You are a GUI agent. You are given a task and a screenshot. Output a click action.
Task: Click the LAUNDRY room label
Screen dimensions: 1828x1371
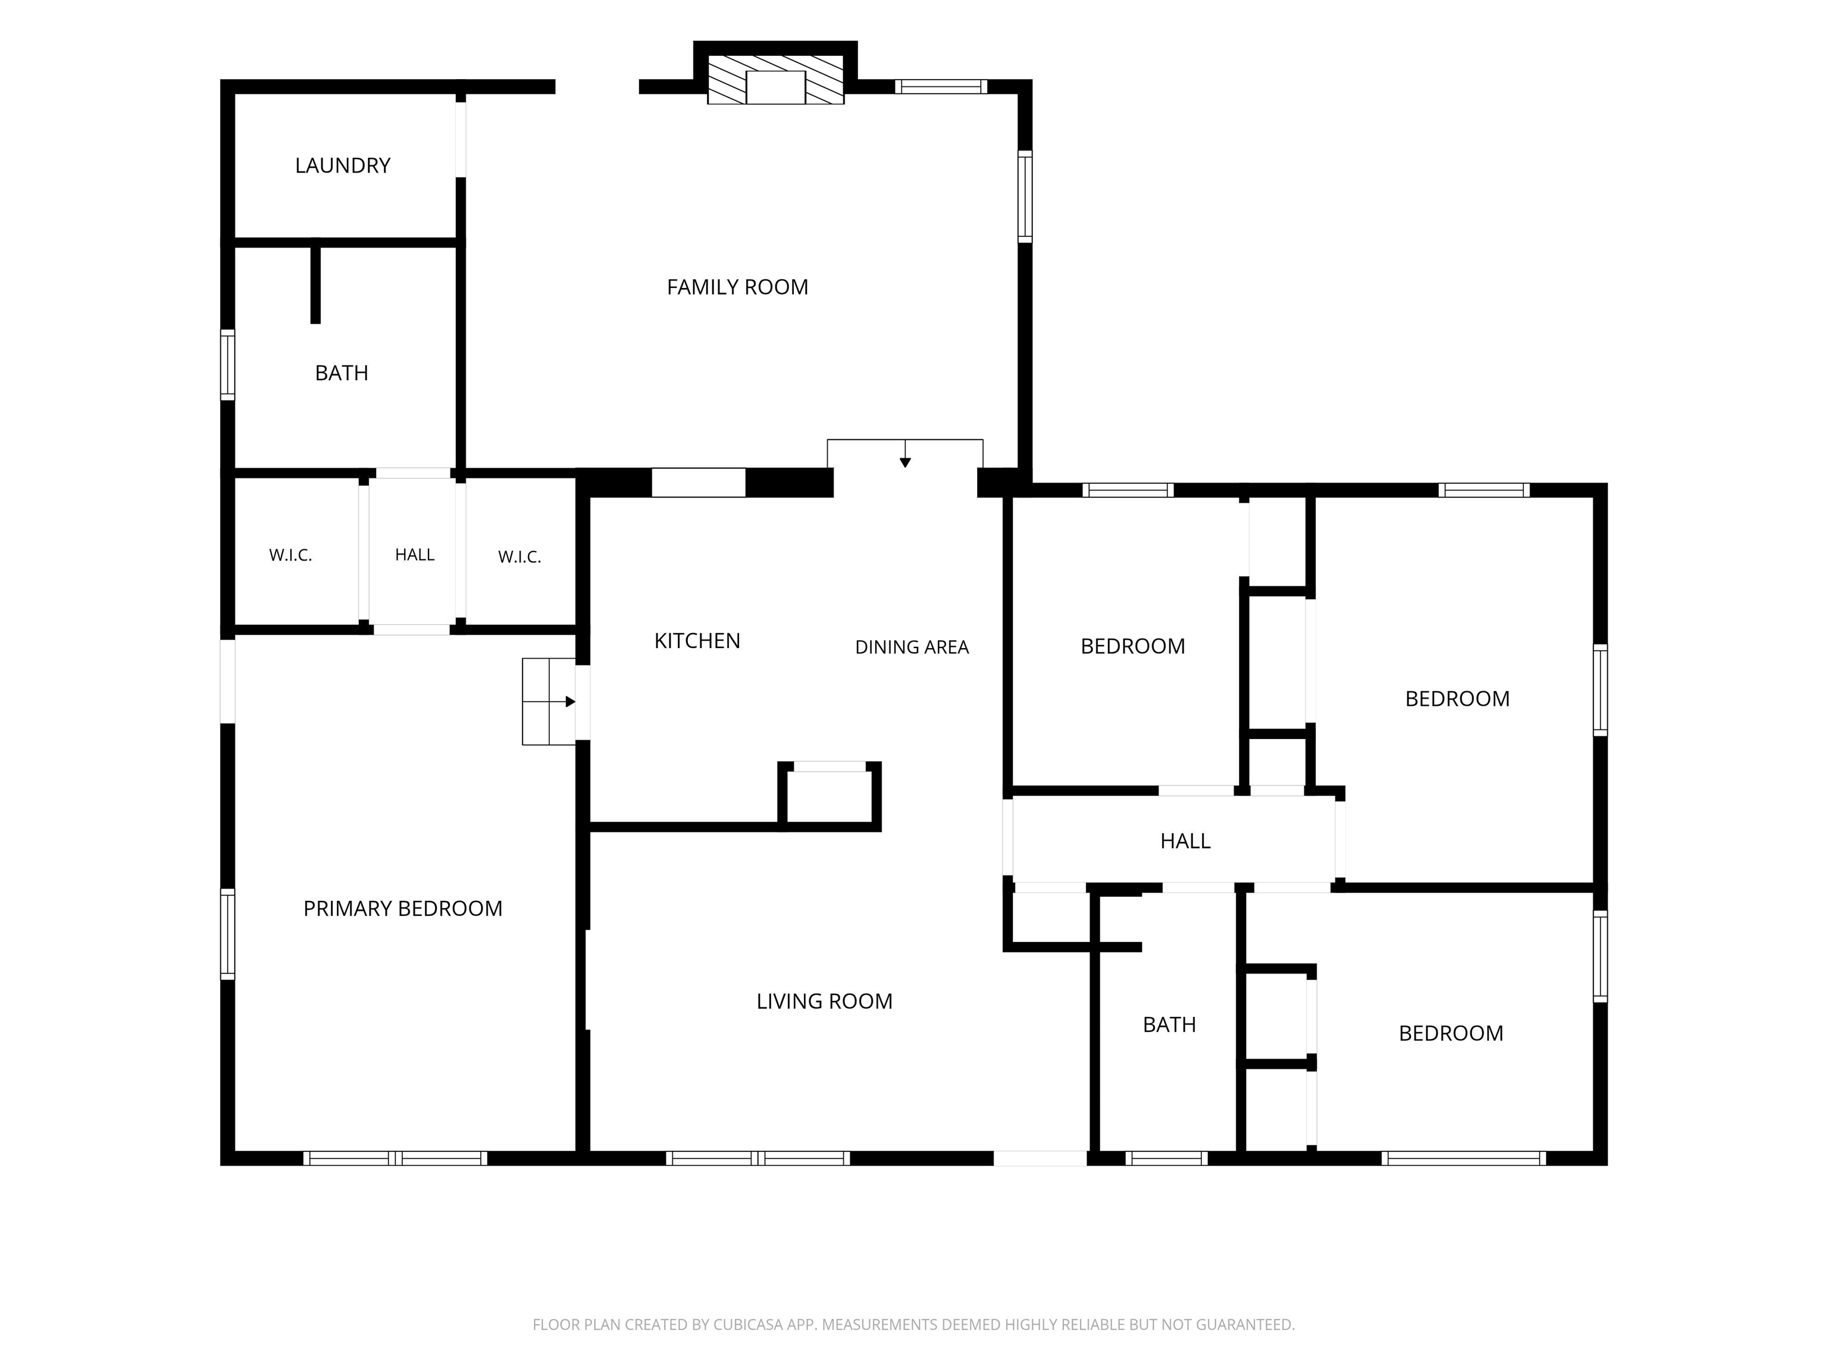tap(342, 165)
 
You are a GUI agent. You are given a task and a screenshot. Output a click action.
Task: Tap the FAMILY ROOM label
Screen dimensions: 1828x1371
tap(737, 287)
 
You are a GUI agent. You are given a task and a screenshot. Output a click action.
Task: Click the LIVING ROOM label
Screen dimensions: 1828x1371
tap(824, 1001)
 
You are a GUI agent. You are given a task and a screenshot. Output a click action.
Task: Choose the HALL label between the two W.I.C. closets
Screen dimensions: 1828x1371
tap(414, 555)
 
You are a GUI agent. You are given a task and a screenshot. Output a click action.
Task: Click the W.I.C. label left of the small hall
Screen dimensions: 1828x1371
tap(290, 555)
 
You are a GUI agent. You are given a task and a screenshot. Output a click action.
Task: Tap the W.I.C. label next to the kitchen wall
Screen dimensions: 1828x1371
tap(519, 557)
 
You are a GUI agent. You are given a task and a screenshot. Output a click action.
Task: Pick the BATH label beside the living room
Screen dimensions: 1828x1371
tap(1169, 1025)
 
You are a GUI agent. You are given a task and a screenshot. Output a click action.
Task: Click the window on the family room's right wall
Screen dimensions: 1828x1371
tap(1025, 197)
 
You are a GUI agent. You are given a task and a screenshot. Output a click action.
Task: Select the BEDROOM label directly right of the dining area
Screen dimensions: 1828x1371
tap(1132, 646)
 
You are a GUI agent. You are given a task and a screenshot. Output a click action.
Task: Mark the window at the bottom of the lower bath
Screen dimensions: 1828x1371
tap(1166, 1159)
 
